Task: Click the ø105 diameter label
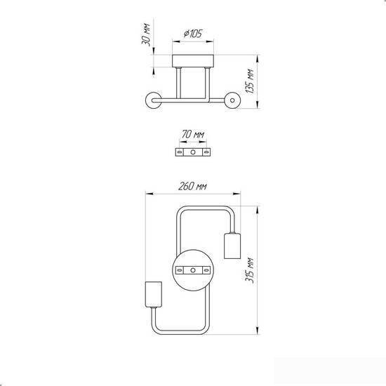click(x=193, y=34)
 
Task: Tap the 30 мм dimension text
click(x=146, y=34)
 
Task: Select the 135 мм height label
click(x=249, y=81)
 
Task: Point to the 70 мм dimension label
click(x=193, y=135)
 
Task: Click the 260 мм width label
click(x=193, y=187)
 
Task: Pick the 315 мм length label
click(x=249, y=270)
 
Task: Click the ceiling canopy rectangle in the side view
click(x=193, y=61)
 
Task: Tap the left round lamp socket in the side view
click(x=154, y=100)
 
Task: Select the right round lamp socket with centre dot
click(x=232, y=100)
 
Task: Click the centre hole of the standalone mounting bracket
click(x=193, y=152)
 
